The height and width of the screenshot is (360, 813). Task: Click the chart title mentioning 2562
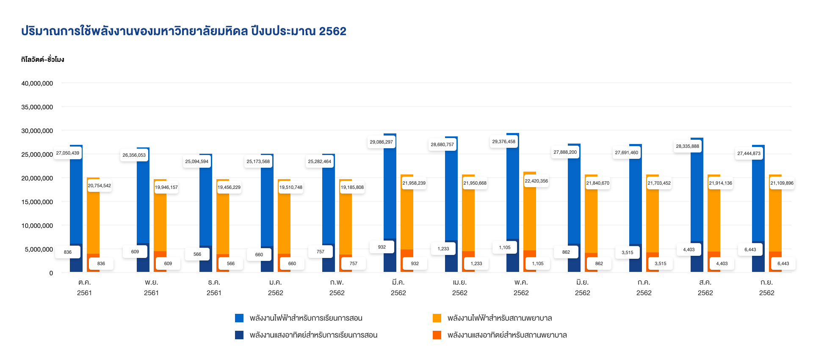pos(183,31)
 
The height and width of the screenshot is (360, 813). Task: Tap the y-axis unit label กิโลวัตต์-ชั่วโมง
pos(42,59)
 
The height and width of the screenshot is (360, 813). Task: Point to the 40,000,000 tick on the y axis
pos(37,83)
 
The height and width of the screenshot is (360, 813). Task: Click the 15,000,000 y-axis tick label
pos(37,202)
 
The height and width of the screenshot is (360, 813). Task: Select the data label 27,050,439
pos(68,153)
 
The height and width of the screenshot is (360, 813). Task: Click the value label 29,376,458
pos(504,141)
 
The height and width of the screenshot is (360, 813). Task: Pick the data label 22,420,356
pos(536,181)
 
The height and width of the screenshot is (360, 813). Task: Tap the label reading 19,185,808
pos(352,187)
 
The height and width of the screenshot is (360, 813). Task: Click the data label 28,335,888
pos(688,146)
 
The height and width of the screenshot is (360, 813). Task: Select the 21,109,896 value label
pos(782,183)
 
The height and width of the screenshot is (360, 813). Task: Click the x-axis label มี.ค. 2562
pos(398,287)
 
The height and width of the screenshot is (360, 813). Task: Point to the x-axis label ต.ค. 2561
pos(85,287)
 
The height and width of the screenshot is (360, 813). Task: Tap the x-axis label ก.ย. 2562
pos(766,287)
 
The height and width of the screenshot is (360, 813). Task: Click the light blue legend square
pos(239,318)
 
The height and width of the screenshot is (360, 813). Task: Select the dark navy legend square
pos(239,335)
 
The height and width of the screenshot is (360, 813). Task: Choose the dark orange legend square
pos(437,335)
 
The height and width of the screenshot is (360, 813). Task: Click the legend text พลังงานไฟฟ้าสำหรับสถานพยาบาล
pos(500,318)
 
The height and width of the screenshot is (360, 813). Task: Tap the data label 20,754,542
pos(100,186)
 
